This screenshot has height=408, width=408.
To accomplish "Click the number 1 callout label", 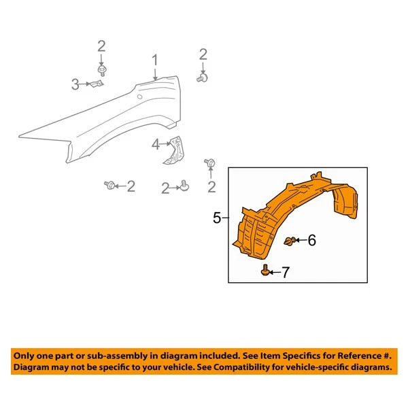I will tap(155, 61).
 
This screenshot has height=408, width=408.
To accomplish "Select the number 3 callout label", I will tap(75, 84).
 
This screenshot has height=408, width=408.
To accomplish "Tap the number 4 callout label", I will tap(156, 144).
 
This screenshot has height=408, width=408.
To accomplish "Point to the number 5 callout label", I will tap(217, 218).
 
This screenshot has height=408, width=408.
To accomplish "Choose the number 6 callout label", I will tap(312, 240).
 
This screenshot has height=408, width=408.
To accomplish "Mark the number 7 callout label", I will tap(285, 273).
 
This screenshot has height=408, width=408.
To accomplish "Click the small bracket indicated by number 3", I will tap(96, 84).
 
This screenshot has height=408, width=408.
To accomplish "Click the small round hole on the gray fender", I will tap(139, 97).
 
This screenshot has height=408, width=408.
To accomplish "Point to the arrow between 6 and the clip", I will tap(300, 240).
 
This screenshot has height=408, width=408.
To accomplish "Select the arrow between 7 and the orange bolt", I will tap(274, 273).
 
